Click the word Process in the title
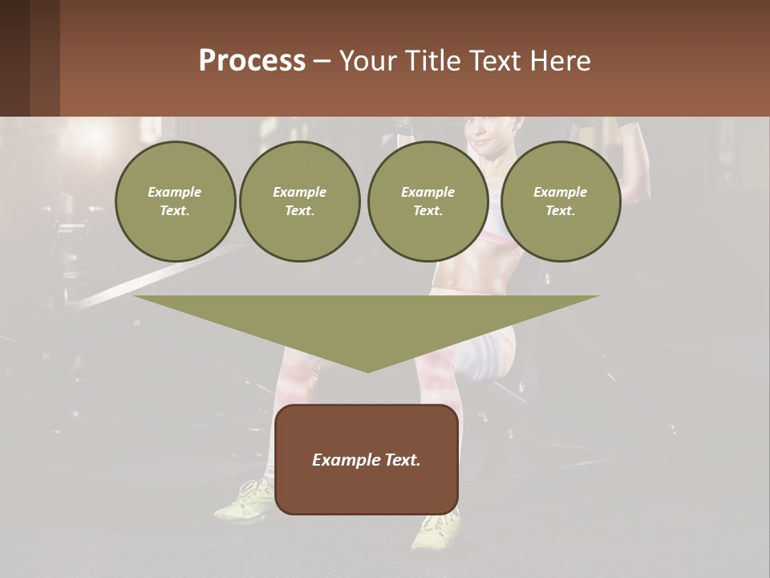tap(252, 61)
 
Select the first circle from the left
tap(175, 201)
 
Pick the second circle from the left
tap(300, 201)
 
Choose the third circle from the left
tap(428, 201)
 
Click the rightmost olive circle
tap(560, 201)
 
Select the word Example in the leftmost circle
tap(175, 192)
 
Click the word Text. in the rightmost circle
tap(560, 211)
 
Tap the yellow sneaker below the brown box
tap(438, 530)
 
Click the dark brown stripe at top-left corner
tap(14, 58)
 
